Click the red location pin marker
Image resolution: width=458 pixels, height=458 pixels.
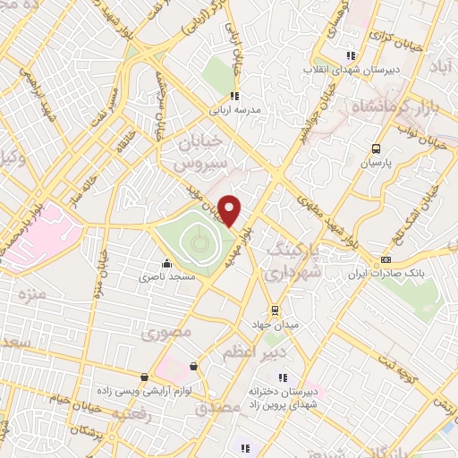click(230, 211)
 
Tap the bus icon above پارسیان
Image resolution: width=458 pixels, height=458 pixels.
click(377, 149)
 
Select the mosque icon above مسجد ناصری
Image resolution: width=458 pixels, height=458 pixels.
click(166, 264)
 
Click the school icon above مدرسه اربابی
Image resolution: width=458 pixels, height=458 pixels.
click(234, 97)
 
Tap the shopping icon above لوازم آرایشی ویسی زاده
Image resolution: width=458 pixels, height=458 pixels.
click(144, 377)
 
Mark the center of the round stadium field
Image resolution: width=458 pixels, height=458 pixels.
click(197, 240)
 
